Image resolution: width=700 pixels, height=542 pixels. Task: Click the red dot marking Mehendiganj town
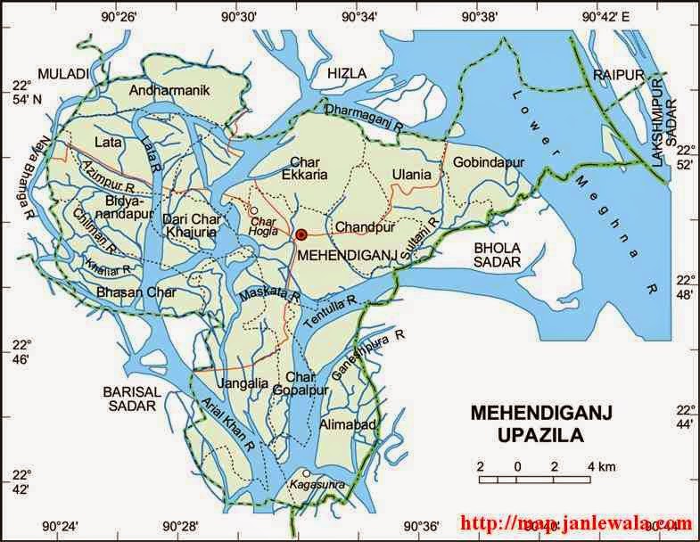tap(301, 234)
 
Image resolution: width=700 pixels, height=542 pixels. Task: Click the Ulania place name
tap(411, 174)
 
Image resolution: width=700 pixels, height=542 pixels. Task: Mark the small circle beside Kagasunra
tap(306, 473)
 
